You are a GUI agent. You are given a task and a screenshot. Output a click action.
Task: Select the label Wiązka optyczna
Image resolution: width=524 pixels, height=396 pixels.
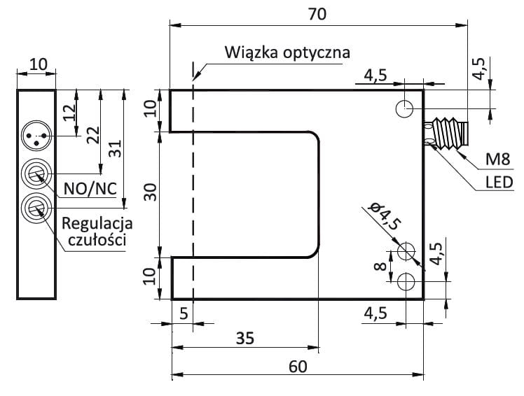tap(287, 52)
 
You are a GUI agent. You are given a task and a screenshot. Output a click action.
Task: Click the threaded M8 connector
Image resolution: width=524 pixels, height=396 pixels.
tap(446, 134)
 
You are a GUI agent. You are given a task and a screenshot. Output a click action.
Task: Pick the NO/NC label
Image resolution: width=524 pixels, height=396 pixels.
tap(90, 188)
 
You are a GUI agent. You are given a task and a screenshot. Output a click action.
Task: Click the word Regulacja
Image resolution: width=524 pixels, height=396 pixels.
tap(97, 224)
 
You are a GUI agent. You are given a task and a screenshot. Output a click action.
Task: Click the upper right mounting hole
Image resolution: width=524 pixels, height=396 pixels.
tap(405, 108)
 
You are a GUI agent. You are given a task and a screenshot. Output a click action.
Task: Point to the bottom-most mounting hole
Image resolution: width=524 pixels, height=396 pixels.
tap(405, 281)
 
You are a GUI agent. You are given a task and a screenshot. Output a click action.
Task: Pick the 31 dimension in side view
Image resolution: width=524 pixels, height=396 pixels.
tap(116, 149)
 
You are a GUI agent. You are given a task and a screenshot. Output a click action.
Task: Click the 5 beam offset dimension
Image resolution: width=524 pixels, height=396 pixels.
tap(183, 315)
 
